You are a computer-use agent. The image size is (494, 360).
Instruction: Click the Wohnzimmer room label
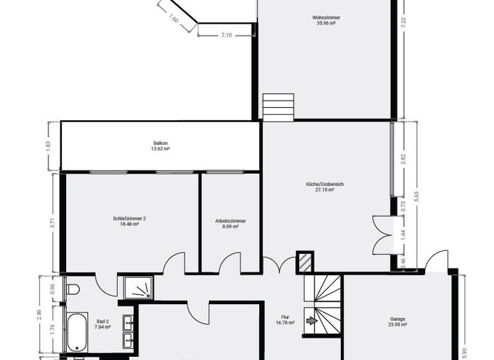point(327,17)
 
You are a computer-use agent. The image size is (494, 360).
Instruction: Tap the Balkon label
point(160,143)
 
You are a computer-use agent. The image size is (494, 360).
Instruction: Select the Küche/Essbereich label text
point(325,184)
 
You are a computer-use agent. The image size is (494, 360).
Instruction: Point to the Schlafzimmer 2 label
point(129,219)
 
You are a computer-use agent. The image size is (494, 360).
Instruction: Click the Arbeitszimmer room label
point(230,221)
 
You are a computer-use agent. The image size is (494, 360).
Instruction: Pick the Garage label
point(398,319)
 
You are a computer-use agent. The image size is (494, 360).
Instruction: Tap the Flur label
point(286,317)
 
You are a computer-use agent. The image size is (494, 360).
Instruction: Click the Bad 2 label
point(102,321)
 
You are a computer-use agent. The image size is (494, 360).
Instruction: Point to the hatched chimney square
point(304,262)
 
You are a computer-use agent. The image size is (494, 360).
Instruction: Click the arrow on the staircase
point(311,319)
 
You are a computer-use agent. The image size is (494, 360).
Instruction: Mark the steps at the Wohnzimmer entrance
point(278,107)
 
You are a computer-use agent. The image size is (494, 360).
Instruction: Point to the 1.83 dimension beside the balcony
point(48,145)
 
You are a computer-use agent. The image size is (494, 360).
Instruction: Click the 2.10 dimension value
point(226,35)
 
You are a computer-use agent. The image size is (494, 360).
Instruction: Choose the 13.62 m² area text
point(160,148)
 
